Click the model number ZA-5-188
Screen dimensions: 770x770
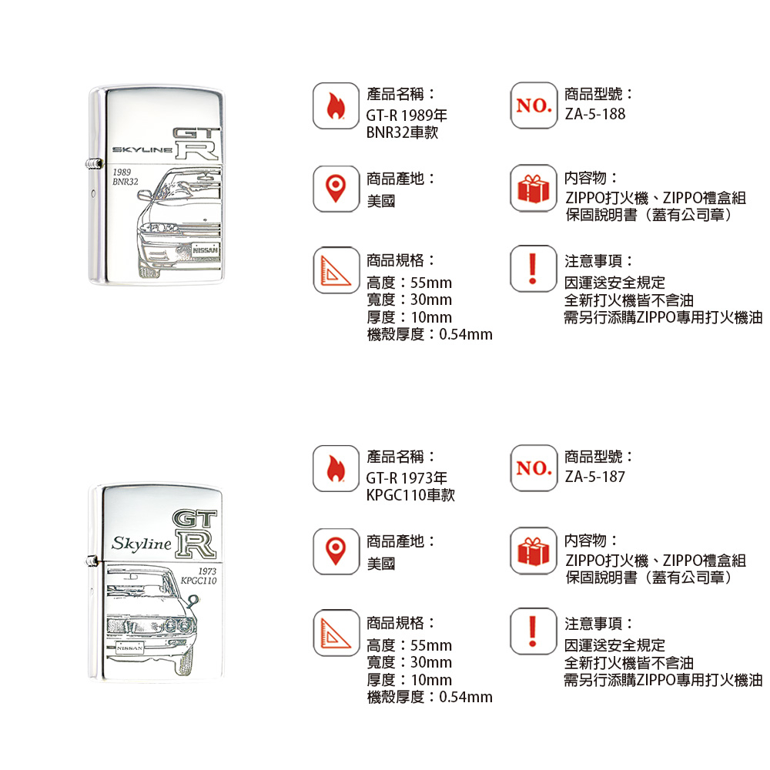(594, 114)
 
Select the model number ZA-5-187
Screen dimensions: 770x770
(594, 477)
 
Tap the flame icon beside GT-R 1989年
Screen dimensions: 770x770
(336, 106)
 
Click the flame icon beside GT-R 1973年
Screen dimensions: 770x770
(336, 468)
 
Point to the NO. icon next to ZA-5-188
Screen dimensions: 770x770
(534, 105)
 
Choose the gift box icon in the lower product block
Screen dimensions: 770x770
(534, 551)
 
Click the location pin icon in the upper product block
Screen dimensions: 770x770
(336, 189)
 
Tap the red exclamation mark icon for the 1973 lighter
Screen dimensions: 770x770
(533, 631)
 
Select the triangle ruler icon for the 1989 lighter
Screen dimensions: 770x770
(336, 270)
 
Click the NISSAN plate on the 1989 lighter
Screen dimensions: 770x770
(206, 250)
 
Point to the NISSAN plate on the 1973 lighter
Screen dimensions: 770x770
(130, 648)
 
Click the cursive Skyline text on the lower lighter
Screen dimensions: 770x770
(142, 544)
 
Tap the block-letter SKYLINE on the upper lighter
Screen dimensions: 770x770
(142, 150)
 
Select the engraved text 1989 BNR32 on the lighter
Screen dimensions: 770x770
(126, 177)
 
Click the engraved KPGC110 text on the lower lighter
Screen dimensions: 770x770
(199, 581)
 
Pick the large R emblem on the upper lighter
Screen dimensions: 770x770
(197, 150)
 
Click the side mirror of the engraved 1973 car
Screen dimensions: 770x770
(192, 600)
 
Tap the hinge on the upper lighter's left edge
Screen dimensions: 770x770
(93, 163)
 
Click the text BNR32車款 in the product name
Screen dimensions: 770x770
(402, 132)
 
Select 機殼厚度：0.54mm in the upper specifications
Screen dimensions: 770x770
(430, 334)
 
